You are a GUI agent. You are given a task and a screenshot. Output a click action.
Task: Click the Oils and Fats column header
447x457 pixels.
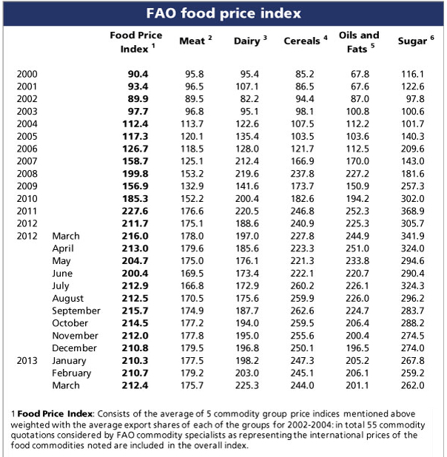point(358,41)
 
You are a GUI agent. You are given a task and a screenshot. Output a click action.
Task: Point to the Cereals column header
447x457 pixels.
point(302,41)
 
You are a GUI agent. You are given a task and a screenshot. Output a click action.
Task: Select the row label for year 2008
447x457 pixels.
point(27,172)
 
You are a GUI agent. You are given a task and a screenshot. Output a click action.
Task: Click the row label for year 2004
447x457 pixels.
point(27,123)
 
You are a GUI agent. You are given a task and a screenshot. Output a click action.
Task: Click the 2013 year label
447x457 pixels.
point(27,360)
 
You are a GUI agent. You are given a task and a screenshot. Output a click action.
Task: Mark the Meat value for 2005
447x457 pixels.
point(194,135)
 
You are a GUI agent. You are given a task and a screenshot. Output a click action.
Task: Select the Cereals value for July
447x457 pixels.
point(303,285)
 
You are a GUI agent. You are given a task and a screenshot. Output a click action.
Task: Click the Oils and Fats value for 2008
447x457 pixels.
point(358,172)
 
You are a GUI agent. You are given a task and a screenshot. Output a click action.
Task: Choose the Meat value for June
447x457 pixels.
point(194,273)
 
